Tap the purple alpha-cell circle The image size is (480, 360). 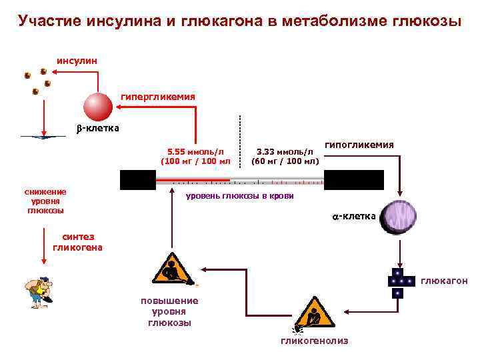pos(398,216)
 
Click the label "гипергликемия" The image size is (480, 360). pos(158,97)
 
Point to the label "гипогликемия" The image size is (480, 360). pos(359,144)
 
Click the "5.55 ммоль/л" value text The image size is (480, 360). pos(195,151)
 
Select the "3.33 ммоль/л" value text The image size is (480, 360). pos(285,151)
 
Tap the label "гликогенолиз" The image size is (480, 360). pos(314,341)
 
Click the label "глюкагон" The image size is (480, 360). pos(444,281)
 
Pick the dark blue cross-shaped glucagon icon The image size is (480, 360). pos(398,283)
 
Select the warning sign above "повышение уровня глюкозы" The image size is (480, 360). pos(173,269)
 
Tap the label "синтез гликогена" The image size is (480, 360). pos(77,242)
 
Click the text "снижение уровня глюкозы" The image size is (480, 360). pos(45,201)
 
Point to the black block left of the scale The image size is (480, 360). pos(137,180)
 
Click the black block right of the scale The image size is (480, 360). pos(353,180)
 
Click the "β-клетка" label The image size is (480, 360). pos(96,128)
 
